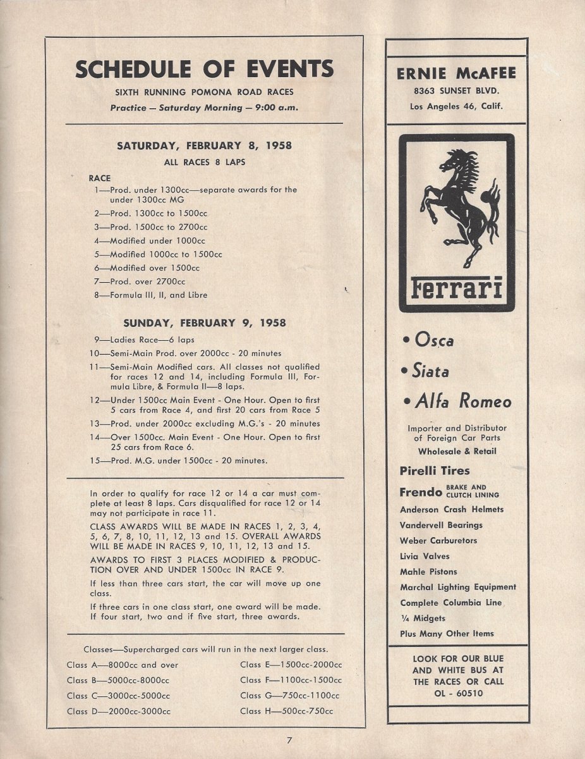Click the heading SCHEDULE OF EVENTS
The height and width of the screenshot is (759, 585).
click(204, 68)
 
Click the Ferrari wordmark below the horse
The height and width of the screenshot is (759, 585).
click(457, 289)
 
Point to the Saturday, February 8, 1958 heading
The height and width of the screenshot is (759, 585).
click(204, 145)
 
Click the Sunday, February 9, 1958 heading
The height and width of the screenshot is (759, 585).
click(204, 323)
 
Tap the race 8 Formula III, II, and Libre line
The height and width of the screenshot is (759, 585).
click(151, 295)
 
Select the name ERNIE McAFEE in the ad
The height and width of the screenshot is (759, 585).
click(456, 73)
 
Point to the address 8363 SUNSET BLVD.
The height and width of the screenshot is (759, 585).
click(456, 90)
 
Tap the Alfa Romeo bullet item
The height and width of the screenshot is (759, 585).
click(456, 401)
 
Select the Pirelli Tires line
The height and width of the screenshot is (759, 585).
click(435, 471)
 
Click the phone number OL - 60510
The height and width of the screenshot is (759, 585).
click(458, 693)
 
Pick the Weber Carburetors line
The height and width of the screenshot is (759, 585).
click(438, 541)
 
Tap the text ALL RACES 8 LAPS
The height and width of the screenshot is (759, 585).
click(204, 162)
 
